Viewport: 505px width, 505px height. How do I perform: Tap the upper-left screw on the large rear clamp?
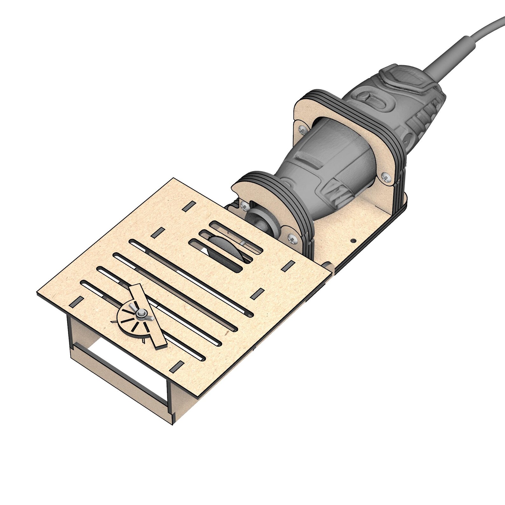pyautogui.click(x=302, y=128)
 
